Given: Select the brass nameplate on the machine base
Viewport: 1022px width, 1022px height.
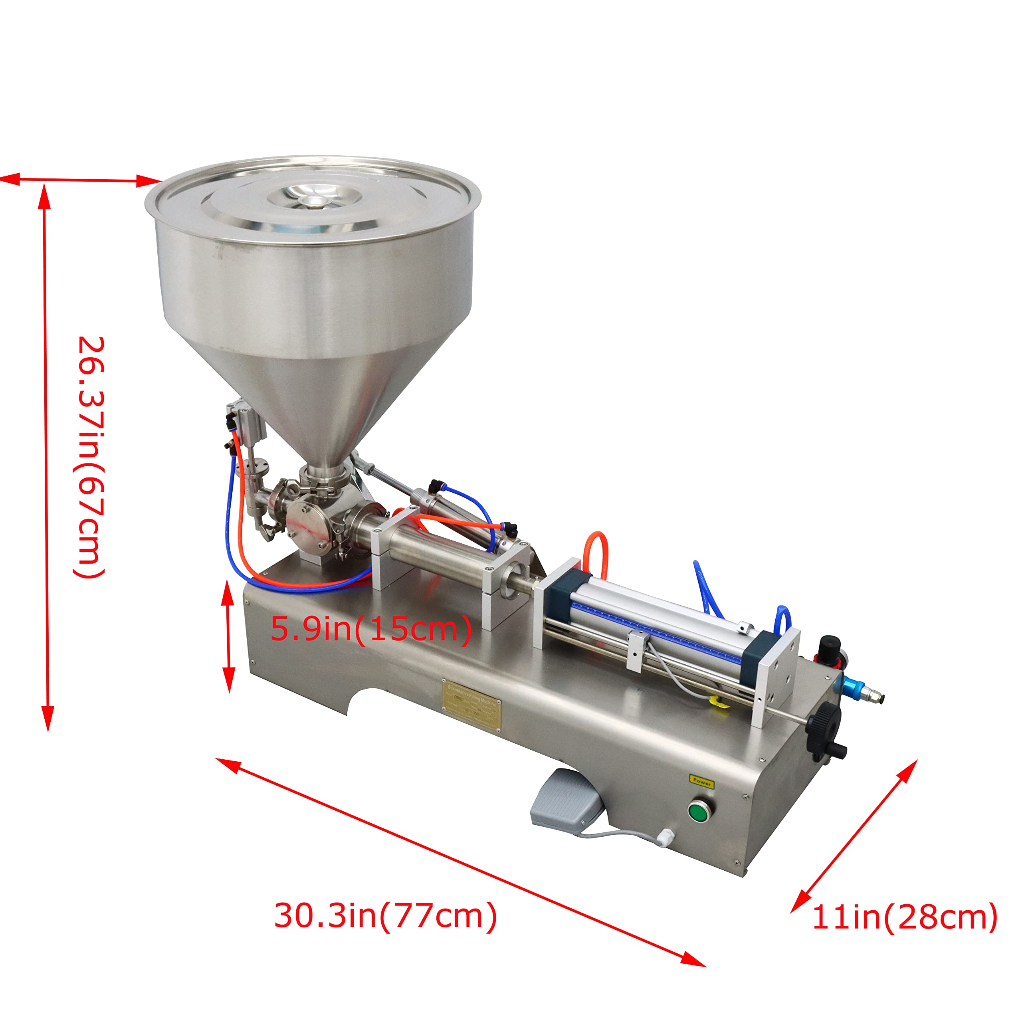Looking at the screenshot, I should [472, 706].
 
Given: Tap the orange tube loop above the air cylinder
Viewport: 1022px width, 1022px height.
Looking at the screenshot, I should [596, 553].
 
